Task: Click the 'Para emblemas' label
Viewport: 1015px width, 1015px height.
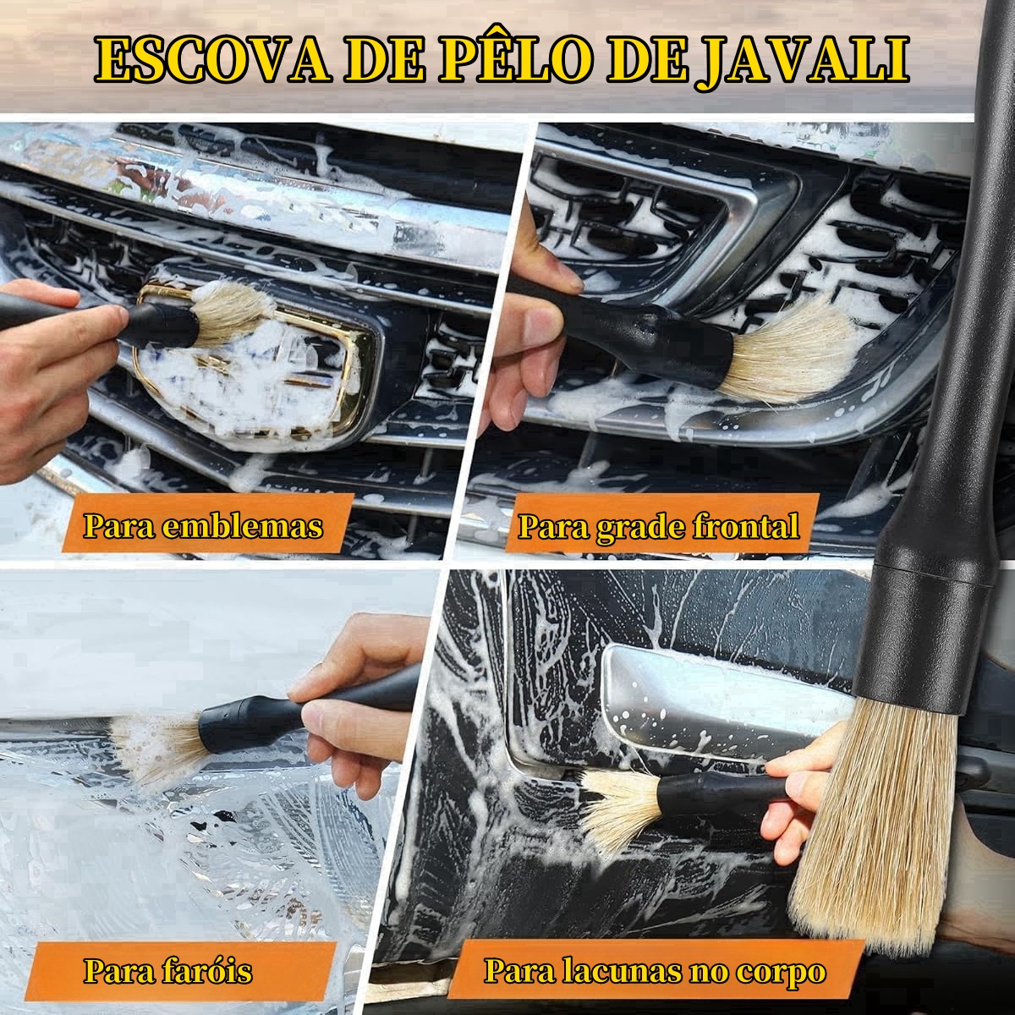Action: (x=203, y=526)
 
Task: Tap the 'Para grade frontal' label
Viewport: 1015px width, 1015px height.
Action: (x=657, y=526)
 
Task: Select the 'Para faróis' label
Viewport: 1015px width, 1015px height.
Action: (x=167, y=970)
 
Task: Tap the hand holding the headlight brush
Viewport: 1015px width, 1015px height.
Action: (x=364, y=694)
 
